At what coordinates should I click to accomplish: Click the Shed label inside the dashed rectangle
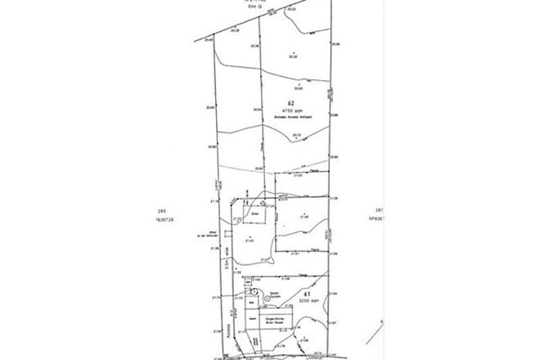click(x=242, y=210)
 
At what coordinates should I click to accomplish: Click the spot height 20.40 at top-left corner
click(x=209, y=39)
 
